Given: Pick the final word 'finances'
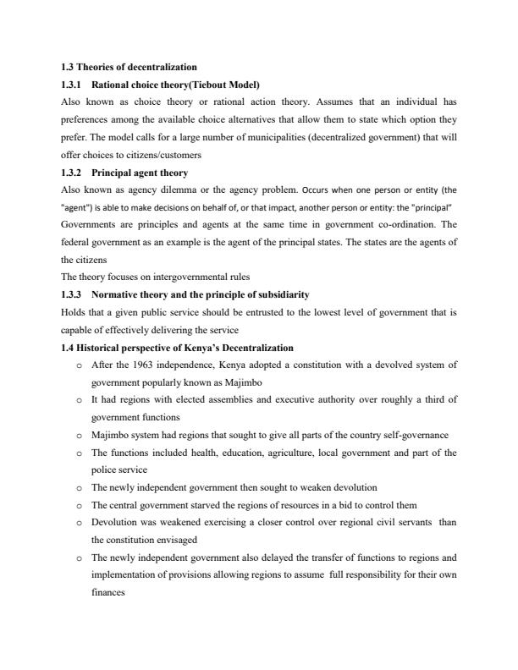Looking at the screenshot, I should pyautogui.click(x=107, y=592).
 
